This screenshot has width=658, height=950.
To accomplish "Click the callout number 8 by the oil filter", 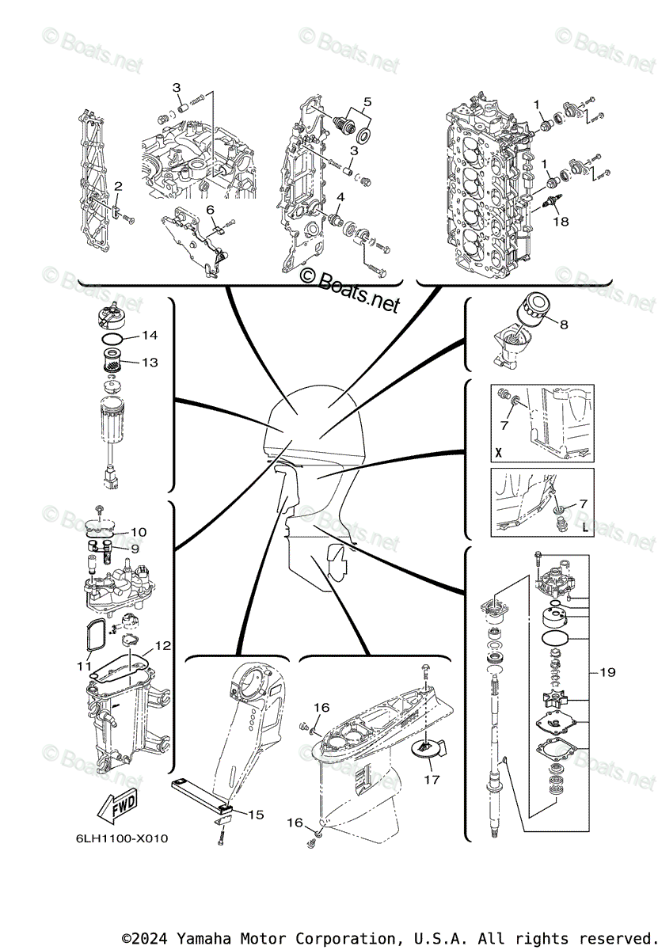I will (x=563, y=324).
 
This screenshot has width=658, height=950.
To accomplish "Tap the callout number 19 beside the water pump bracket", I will (x=607, y=673).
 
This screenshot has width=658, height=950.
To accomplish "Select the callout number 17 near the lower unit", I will (x=453, y=779).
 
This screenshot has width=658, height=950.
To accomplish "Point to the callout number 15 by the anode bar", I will (x=256, y=813).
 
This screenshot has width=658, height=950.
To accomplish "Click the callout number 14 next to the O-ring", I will (x=150, y=336).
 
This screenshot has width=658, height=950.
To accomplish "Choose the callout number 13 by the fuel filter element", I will (x=150, y=362).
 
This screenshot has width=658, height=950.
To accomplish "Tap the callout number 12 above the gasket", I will (x=162, y=646).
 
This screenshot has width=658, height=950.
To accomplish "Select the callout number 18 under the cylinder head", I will (x=561, y=222).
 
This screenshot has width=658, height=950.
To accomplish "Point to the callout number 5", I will (x=367, y=101).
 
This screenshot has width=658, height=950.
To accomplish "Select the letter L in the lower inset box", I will (x=584, y=526).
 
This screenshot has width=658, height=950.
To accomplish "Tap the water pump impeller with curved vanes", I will (x=551, y=701).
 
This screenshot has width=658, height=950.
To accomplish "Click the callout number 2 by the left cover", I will (x=118, y=186).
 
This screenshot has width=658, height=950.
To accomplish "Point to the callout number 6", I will (x=211, y=209).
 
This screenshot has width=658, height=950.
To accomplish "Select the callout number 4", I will (x=339, y=196).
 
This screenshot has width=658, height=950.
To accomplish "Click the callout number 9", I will (x=135, y=548).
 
